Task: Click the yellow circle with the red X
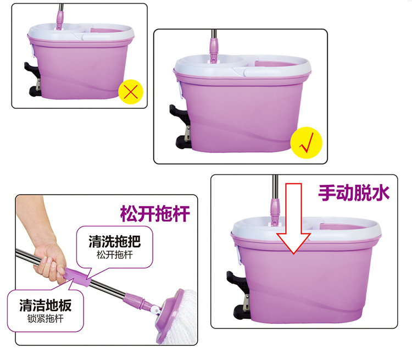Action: (131, 92)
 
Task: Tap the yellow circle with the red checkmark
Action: (306, 143)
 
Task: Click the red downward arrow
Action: (293, 218)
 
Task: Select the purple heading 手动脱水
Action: (354, 193)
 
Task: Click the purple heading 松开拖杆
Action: (155, 214)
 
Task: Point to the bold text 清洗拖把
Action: (115, 241)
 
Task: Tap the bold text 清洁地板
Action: (46, 305)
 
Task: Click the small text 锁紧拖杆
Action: (46, 319)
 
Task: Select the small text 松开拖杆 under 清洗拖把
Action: (115, 255)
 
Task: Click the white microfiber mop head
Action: (181, 318)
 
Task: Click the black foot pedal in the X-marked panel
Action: (33, 79)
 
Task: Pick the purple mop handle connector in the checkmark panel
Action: (214, 51)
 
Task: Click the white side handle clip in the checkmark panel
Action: (180, 90)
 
